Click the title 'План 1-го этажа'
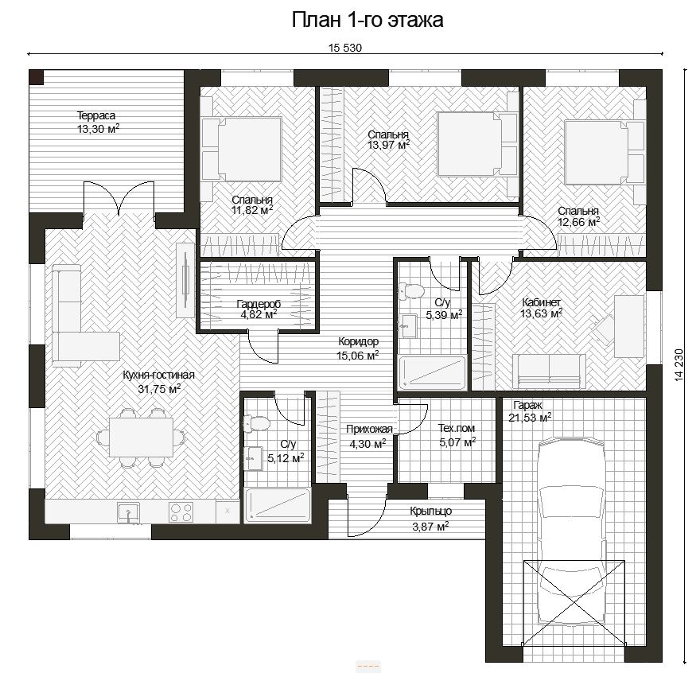tap(367, 20)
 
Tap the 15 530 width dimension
tap(345, 48)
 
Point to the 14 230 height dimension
tap(679, 365)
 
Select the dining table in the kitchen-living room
tap(141, 437)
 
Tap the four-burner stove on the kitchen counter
tap(181, 512)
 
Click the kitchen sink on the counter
tap(128, 512)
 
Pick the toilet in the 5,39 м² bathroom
tap(411, 291)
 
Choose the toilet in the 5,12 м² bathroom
tap(256, 423)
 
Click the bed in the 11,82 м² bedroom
tap(242, 149)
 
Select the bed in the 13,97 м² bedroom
tap(477, 144)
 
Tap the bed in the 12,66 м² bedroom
tap(604, 152)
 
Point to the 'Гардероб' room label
tap(259, 304)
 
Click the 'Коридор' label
tap(358, 341)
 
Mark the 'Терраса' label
tap(96, 115)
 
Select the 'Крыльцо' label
tap(430, 512)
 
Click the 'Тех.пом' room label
tap(457, 428)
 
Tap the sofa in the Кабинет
tap(549, 371)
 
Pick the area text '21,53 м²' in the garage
tap(530, 418)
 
